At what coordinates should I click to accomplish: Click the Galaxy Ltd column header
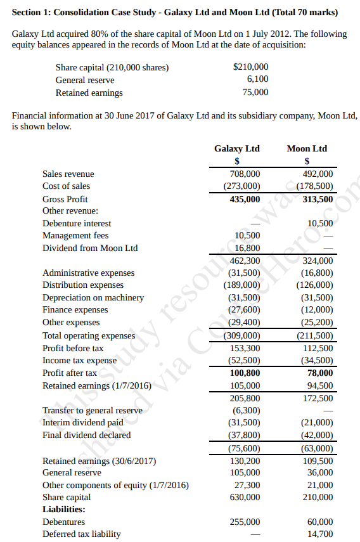point(236,148)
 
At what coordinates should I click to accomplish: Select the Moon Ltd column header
point(307,148)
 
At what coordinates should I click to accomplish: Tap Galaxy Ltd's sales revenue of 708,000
point(245,174)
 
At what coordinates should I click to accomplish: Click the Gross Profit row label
point(65,198)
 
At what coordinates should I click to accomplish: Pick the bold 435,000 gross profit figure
point(245,198)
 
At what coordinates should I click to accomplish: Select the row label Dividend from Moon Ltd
point(90,248)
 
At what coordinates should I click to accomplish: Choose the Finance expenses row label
point(75,310)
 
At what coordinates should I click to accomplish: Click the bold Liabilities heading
point(63,509)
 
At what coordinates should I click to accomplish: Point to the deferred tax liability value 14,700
point(320,534)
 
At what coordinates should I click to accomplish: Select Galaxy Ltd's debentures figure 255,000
point(245,522)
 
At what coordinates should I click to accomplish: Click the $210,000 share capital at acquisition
point(251,67)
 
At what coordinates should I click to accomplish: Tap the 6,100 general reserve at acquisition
point(257,79)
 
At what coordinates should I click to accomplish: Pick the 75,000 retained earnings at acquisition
point(255,92)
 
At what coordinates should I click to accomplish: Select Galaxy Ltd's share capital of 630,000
point(245,497)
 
